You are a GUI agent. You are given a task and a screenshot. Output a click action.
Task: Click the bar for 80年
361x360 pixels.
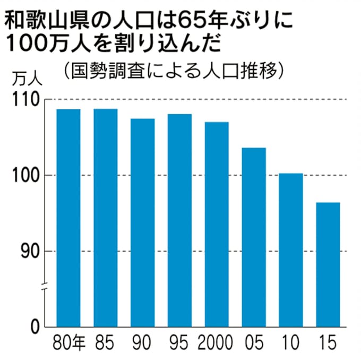68,218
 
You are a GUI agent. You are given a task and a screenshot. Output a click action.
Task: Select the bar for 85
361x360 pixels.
106,218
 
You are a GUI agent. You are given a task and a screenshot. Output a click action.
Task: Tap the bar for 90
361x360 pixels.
143,223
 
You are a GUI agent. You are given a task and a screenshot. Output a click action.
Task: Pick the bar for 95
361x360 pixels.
179,220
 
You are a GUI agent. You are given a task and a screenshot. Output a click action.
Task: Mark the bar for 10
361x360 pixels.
291,250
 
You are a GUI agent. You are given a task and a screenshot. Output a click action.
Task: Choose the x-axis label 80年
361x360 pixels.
69,343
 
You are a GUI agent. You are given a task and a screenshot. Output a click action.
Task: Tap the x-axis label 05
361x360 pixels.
254,343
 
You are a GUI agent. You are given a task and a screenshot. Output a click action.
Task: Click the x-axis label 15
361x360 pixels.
328,343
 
